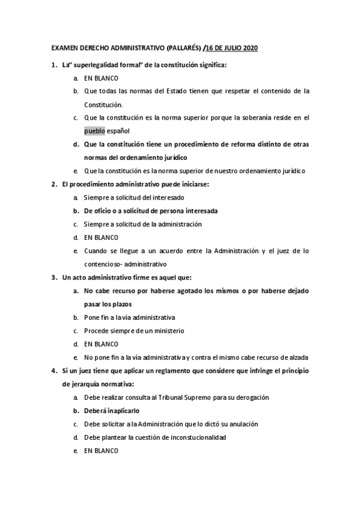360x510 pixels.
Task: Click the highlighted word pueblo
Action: click(x=94, y=131)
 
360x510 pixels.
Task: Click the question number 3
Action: click(x=55, y=277)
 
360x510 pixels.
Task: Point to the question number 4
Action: click(x=55, y=370)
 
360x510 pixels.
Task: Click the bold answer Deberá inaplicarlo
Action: click(x=112, y=411)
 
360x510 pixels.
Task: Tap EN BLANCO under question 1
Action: click(x=101, y=78)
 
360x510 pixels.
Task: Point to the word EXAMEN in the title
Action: click(x=64, y=48)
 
